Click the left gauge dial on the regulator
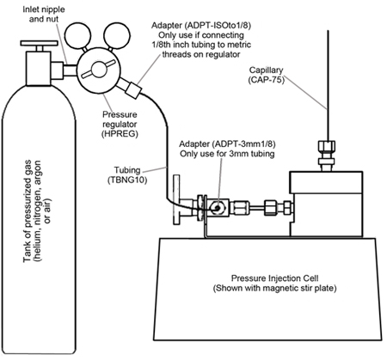point(77,36)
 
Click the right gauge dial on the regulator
point(117,36)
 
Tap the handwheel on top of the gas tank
point(40,43)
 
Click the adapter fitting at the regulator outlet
point(133,90)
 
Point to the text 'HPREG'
point(120,134)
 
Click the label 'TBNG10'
point(127,180)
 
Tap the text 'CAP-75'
point(267,80)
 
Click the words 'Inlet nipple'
point(44,9)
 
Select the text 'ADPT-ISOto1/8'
point(218,26)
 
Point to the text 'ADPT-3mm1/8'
point(245,143)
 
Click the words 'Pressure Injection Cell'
point(274,278)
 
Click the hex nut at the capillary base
point(327,148)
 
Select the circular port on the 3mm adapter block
point(217,208)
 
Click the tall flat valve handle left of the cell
point(176,200)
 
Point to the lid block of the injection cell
point(326,182)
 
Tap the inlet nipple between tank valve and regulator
point(70,70)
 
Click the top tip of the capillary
point(328,31)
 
